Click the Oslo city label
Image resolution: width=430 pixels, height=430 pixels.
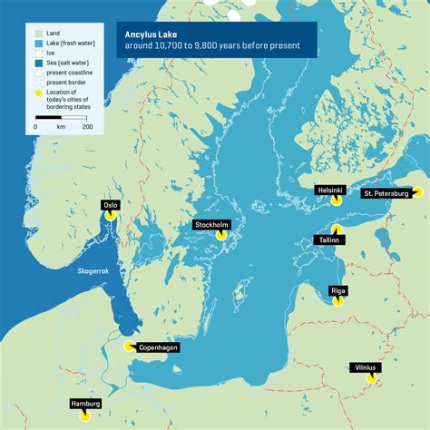point(112,205)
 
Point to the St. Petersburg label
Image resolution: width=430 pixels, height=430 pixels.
point(387,193)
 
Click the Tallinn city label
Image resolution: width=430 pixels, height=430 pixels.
point(328,239)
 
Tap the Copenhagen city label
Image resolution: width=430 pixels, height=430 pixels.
point(158,347)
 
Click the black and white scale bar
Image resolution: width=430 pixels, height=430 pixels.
point(62,118)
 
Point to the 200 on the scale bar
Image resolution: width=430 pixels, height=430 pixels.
point(88,127)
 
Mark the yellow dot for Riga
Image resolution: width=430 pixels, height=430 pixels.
point(337,302)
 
